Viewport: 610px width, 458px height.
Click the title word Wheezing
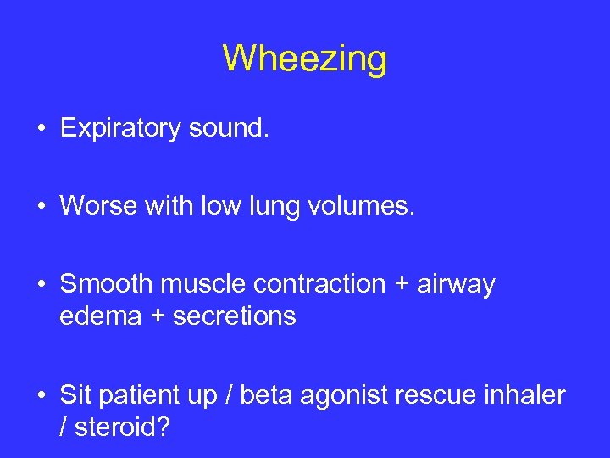point(305,59)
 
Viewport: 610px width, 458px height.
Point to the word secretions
point(235,316)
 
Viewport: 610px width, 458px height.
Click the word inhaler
point(525,394)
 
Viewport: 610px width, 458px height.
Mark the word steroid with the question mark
point(122,427)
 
